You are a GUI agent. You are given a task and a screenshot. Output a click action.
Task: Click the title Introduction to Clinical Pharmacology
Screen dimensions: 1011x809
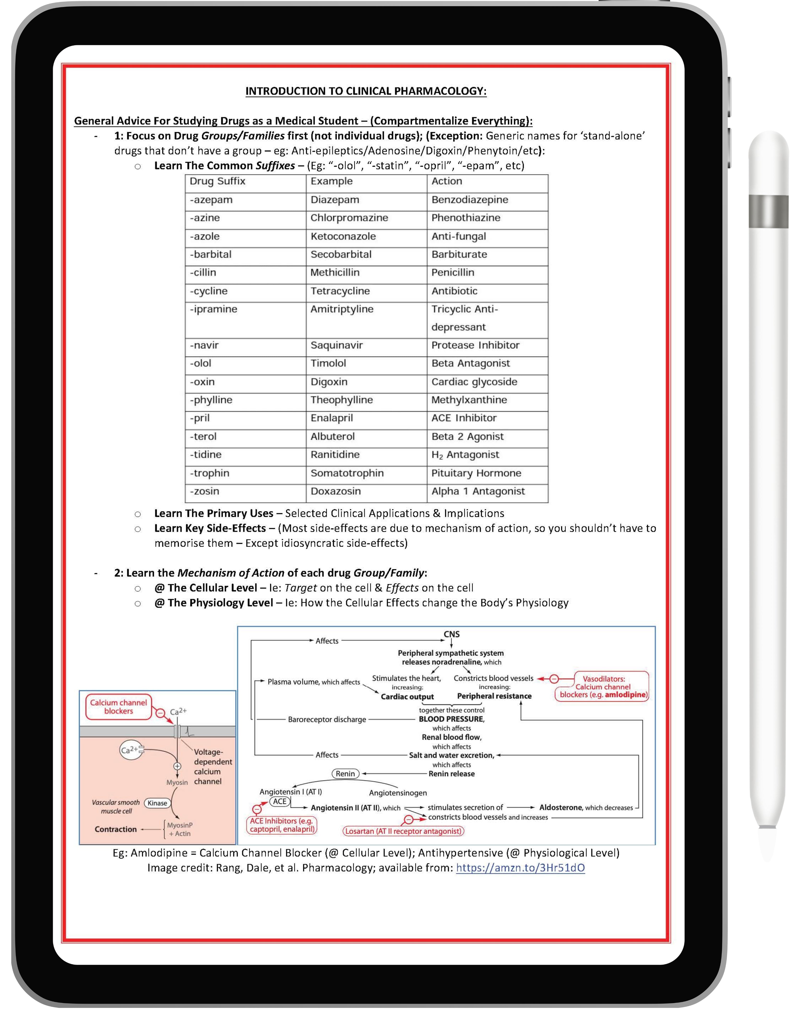click(366, 91)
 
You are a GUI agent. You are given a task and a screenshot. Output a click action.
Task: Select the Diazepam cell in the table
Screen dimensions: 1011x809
click(335, 200)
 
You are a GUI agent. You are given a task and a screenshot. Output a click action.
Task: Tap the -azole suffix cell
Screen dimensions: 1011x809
click(205, 236)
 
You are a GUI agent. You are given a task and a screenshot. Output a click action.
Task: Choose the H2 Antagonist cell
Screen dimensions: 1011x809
click(465, 455)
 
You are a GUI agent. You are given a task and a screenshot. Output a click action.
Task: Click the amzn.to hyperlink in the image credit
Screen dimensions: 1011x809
click(520, 868)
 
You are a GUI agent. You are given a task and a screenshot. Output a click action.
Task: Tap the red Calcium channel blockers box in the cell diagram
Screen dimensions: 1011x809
click(119, 707)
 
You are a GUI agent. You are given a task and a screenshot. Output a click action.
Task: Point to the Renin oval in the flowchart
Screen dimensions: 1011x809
click(345, 774)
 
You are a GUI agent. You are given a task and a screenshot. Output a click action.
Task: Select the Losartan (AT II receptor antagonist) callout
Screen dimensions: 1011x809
click(403, 832)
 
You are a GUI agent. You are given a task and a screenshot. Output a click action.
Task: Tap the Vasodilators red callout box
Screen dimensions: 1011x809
click(603, 687)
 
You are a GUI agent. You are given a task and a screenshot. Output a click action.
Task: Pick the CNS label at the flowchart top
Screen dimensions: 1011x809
click(452, 634)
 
